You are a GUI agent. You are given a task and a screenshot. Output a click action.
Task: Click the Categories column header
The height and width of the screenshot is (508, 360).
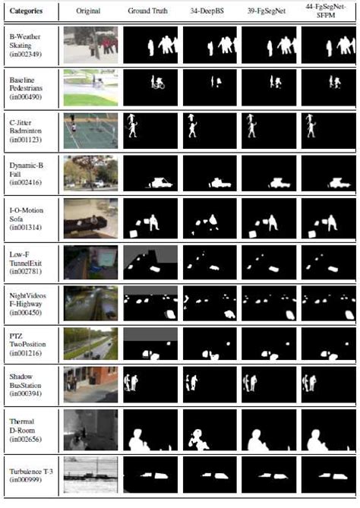click(27, 12)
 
